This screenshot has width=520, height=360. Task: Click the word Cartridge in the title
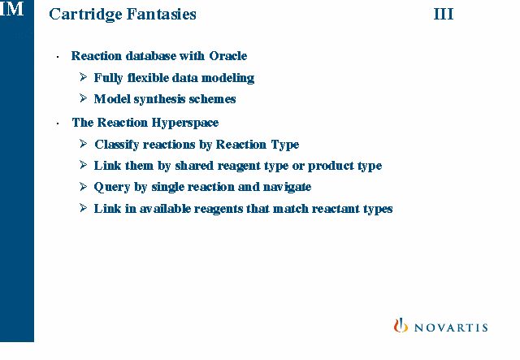(85, 15)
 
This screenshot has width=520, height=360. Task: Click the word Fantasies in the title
(162, 14)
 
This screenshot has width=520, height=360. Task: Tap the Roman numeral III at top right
(444, 14)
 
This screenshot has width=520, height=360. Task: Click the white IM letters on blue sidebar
(12, 8)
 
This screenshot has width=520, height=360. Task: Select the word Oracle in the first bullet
(228, 56)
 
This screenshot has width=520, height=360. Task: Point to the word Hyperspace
(185, 123)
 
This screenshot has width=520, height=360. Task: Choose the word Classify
(117, 145)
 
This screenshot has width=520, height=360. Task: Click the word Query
(112, 187)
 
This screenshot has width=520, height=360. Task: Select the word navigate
(287, 187)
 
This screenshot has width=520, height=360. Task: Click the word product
(331, 166)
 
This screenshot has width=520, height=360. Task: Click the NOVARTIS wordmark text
(451, 327)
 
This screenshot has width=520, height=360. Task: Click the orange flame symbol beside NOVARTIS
(401, 325)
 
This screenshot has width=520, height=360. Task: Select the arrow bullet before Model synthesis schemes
(83, 98)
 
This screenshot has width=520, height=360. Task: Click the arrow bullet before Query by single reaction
(83, 186)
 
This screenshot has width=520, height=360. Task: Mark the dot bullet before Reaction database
(58, 57)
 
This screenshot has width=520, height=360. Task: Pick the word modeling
(227, 78)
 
